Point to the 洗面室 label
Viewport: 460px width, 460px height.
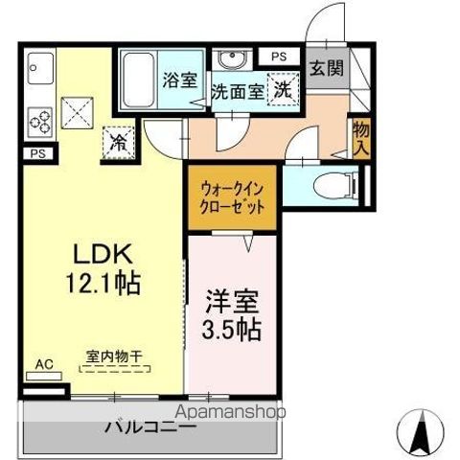(x=237, y=94)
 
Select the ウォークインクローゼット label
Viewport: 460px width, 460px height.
(x=233, y=197)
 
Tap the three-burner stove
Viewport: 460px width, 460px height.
(x=40, y=121)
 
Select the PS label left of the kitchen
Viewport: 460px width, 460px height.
(x=37, y=152)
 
